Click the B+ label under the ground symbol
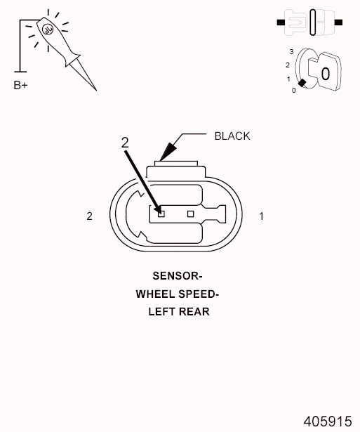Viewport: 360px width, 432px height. pyautogui.click(x=20, y=85)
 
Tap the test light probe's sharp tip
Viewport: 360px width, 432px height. pyautogui.click(x=96, y=90)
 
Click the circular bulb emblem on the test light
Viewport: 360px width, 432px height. pyautogui.click(x=47, y=30)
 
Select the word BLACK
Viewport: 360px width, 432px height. pyautogui.click(x=232, y=136)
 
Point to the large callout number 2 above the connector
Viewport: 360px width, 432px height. pyautogui.click(x=125, y=143)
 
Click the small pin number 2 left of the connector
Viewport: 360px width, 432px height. pyautogui.click(x=89, y=216)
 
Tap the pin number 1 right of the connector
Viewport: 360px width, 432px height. pyautogui.click(x=262, y=216)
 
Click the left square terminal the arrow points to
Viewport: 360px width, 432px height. pyautogui.click(x=161, y=214)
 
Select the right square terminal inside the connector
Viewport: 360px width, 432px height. pyautogui.click(x=190, y=214)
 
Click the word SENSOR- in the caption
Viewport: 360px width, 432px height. pyautogui.click(x=178, y=276)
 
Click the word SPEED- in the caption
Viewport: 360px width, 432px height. pyautogui.click(x=199, y=294)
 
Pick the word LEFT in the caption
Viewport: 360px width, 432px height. pyautogui.click(x=162, y=312)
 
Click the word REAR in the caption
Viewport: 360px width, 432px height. pyautogui.click(x=194, y=312)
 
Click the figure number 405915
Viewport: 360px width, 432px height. pyautogui.click(x=328, y=421)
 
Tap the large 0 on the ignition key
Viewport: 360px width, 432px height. pyautogui.click(x=326, y=74)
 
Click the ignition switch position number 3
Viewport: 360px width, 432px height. pyautogui.click(x=291, y=51)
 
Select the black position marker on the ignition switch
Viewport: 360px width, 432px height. pyautogui.click(x=302, y=83)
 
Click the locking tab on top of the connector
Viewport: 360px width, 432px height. pyautogui.click(x=176, y=164)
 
